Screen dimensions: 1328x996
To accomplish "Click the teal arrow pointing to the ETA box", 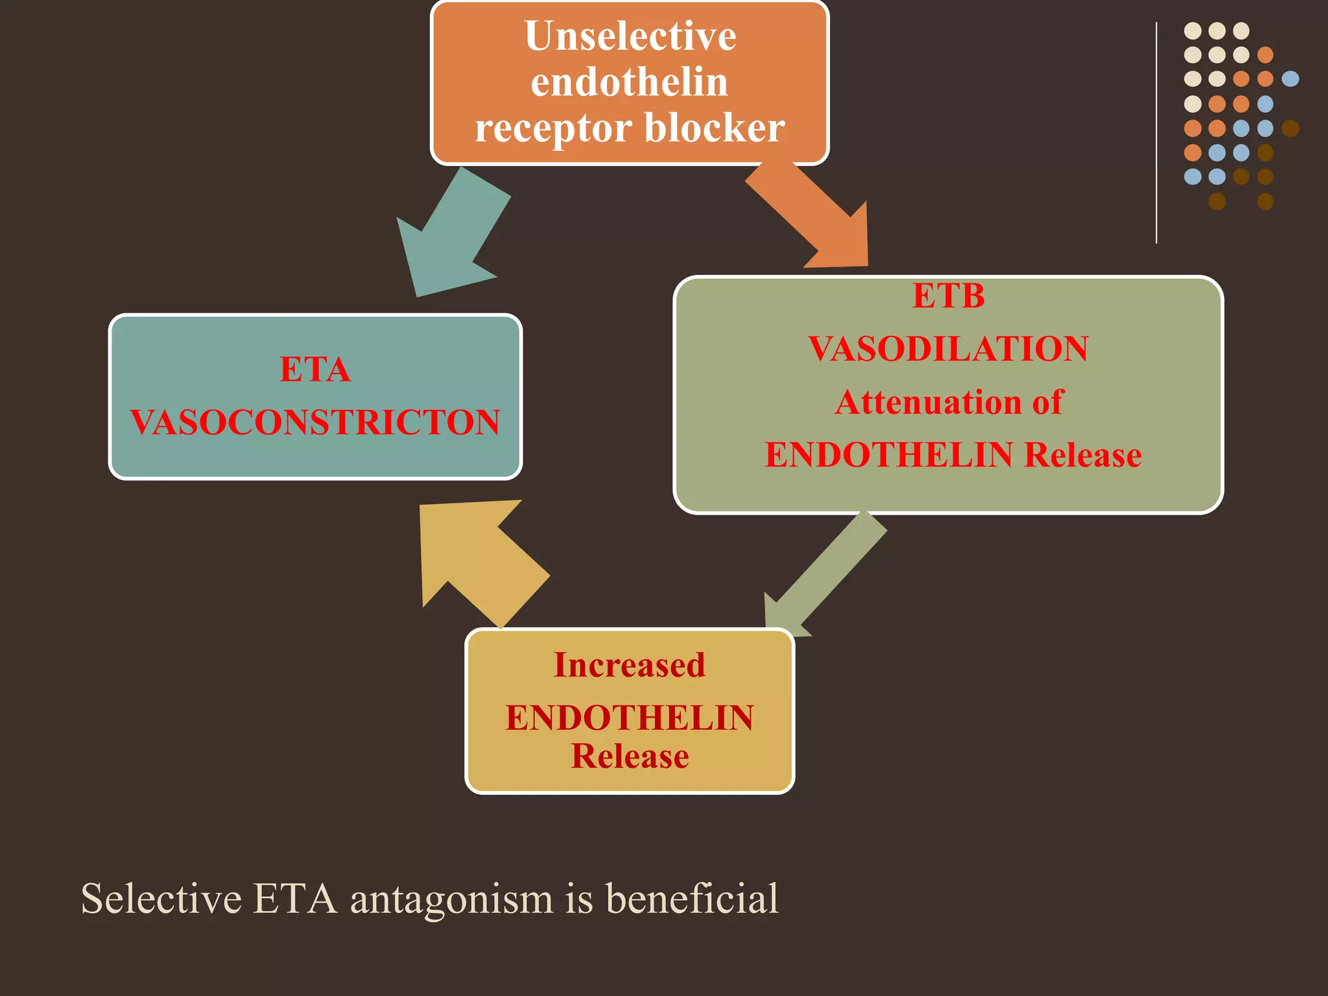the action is click(453, 232).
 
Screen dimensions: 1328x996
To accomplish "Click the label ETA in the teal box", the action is click(315, 370).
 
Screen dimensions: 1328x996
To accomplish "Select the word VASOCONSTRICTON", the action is click(315, 422).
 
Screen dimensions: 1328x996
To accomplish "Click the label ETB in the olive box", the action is click(949, 296).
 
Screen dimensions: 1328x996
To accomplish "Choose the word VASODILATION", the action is click(949, 349).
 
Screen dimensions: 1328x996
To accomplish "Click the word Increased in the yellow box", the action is click(630, 665).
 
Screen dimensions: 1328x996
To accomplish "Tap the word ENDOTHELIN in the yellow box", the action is click(630, 718).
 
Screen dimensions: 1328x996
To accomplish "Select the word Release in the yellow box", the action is click(630, 756).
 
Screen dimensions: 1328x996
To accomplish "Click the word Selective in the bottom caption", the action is click(161, 899).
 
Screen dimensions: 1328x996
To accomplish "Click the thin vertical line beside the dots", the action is click(1156, 133).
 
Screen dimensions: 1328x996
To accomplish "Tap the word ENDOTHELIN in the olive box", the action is click(889, 455).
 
